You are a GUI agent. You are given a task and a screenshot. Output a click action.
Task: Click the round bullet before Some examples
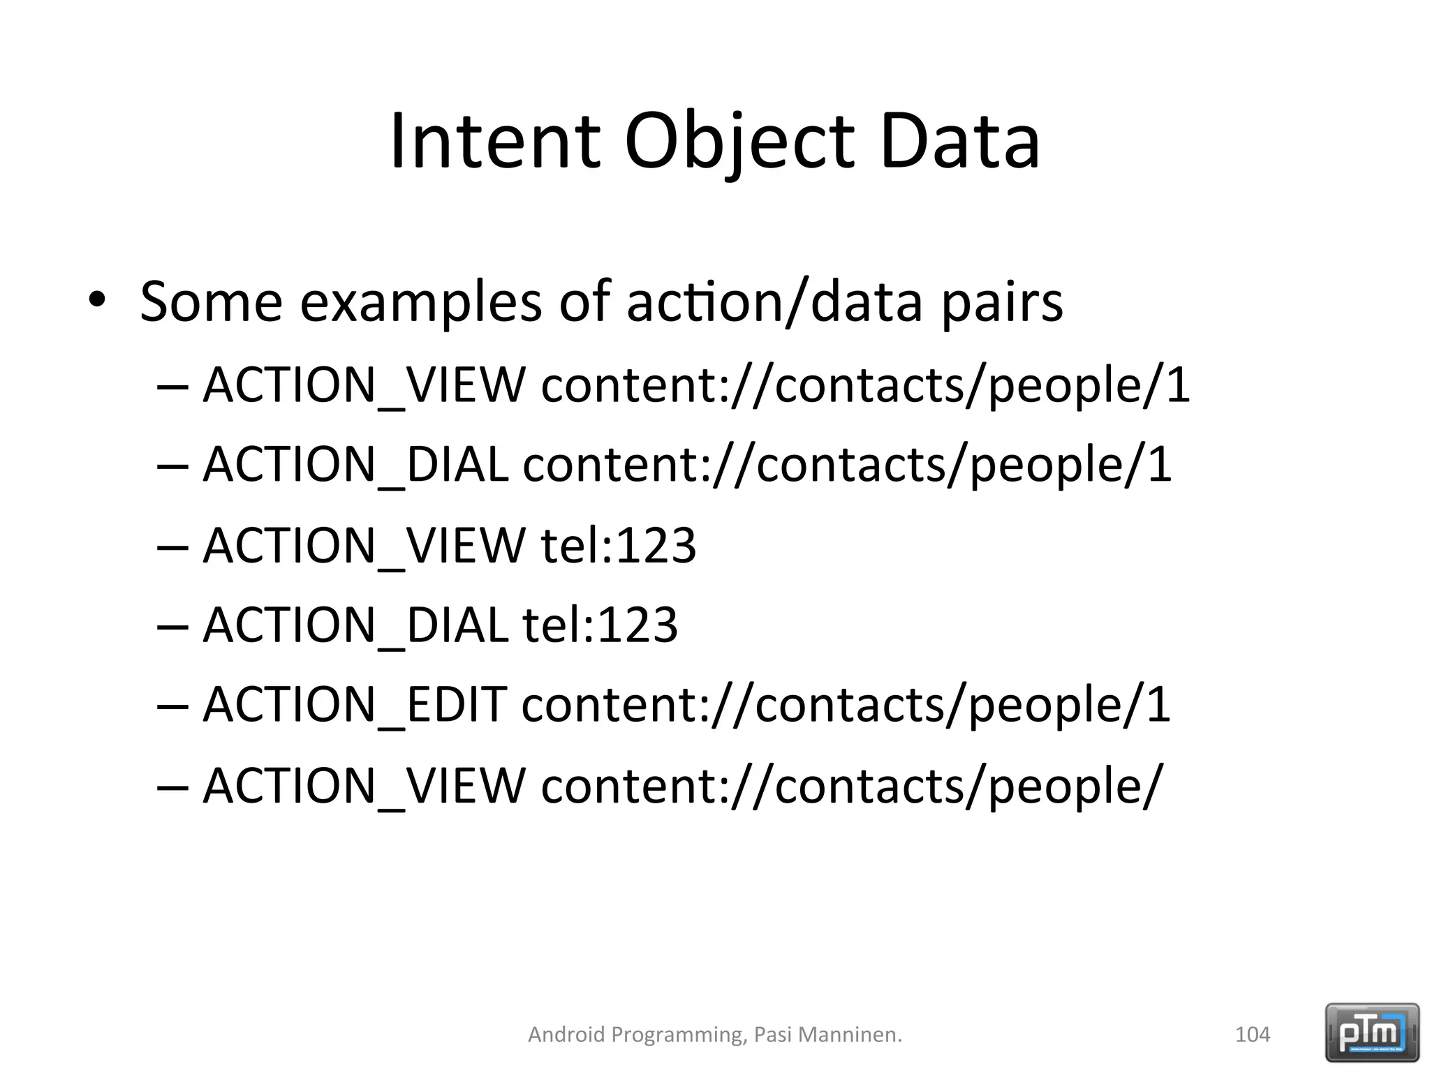pyautogui.click(x=96, y=301)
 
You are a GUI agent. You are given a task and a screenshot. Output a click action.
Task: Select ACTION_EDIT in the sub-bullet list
pyautogui.click(x=355, y=705)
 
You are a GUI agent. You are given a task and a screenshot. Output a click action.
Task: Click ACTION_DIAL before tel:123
pyautogui.click(x=355, y=625)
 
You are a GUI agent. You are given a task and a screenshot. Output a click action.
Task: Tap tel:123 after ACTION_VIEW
pyautogui.click(x=619, y=545)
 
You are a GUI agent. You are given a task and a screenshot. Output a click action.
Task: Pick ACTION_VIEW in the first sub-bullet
pyautogui.click(x=364, y=385)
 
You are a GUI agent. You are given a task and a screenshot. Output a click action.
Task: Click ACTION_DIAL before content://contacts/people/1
pyautogui.click(x=355, y=465)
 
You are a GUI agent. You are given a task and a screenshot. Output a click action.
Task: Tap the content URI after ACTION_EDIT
pyautogui.click(x=846, y=705)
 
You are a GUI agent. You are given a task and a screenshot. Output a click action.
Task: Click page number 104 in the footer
pyautogui.click(x=1253, y=1034)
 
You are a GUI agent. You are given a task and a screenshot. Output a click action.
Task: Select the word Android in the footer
pyautogui.click(x=566, y=1034)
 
